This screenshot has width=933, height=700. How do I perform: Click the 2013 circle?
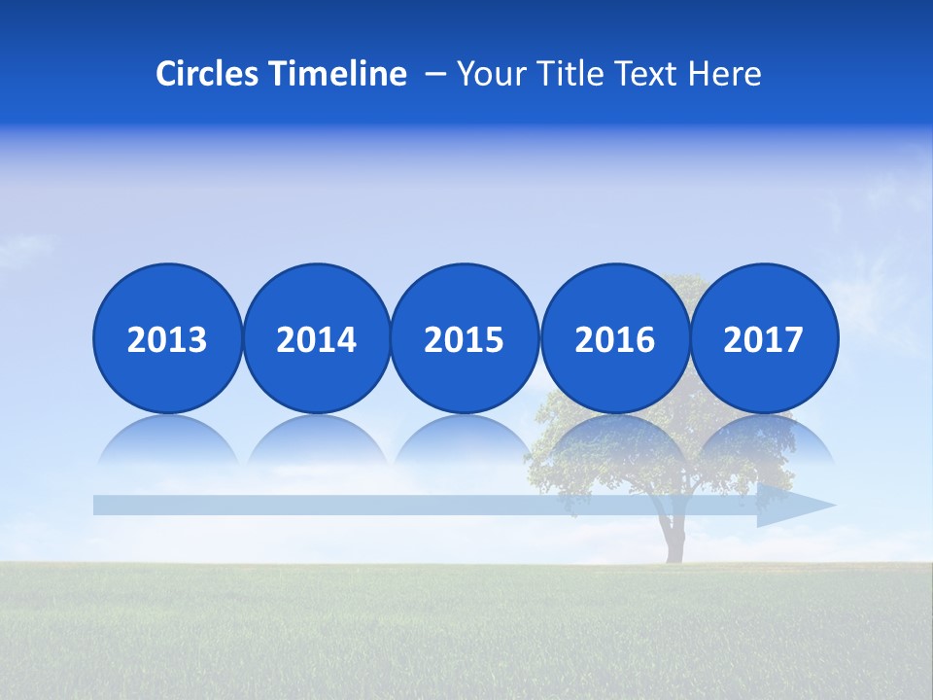[167, 338]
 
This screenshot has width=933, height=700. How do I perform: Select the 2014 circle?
[316, 338]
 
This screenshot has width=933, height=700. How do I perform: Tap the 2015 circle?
[465, 338]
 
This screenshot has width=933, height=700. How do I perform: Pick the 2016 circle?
[614, 338]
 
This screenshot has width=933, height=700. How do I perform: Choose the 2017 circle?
[764, 338]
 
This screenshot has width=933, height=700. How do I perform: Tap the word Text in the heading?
[645, 74]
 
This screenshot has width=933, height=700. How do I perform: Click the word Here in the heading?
[724, 74]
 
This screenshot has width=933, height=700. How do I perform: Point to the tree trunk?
[672, 541]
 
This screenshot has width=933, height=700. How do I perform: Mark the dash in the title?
[435, 74]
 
